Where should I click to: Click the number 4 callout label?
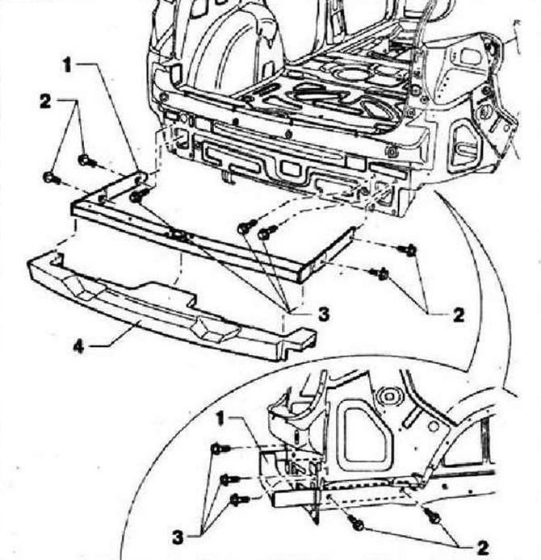(x=78, y=346)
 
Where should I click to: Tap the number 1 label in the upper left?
(x=67, y=65)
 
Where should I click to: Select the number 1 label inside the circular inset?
(x=220, y=418)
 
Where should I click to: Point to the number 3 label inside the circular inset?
(x=178, y=537)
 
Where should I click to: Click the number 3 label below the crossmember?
(x=323, y=314)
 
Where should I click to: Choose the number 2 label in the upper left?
(x=45, y=102)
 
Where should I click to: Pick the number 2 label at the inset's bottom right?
(x=483, y=548)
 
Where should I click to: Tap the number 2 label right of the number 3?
(x=459, y=315)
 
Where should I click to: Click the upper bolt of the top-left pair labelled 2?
(x=86, y=161)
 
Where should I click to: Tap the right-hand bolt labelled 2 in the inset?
(x=432, y=516)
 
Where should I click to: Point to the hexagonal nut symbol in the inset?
(x=388, y=396)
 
